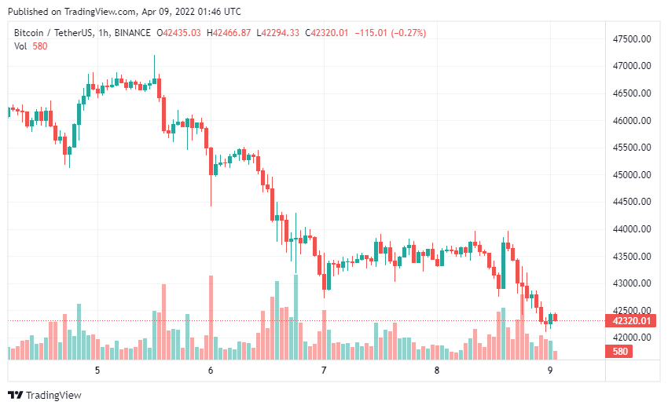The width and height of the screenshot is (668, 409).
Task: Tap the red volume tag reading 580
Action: click(x=620, y=352)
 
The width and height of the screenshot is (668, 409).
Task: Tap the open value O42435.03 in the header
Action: click(x=179, y=32)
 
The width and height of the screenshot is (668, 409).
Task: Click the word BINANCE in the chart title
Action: click(x=132, y=32)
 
